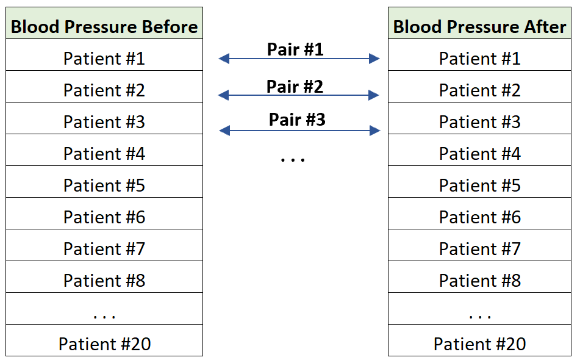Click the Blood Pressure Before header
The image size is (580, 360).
[104, 27]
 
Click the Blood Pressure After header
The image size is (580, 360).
[479, 27]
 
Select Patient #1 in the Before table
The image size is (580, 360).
[104, 59]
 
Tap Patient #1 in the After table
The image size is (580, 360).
[479, 59]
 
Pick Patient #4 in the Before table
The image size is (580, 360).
[104, 154]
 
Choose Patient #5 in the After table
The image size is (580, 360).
[479, 185]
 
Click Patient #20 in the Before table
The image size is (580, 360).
[104, 344]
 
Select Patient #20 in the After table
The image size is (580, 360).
[479, 344]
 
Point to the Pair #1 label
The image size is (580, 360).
[295, 49]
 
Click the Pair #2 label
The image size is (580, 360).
[295, 87]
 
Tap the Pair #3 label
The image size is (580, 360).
[297, 120]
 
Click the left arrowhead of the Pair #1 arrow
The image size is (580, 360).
[224, 59]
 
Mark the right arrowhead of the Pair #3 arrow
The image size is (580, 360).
[374, 131]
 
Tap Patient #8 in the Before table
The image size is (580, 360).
[104, 281]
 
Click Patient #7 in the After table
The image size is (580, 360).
[479, 249]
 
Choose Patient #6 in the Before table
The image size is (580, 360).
[104, 217]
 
